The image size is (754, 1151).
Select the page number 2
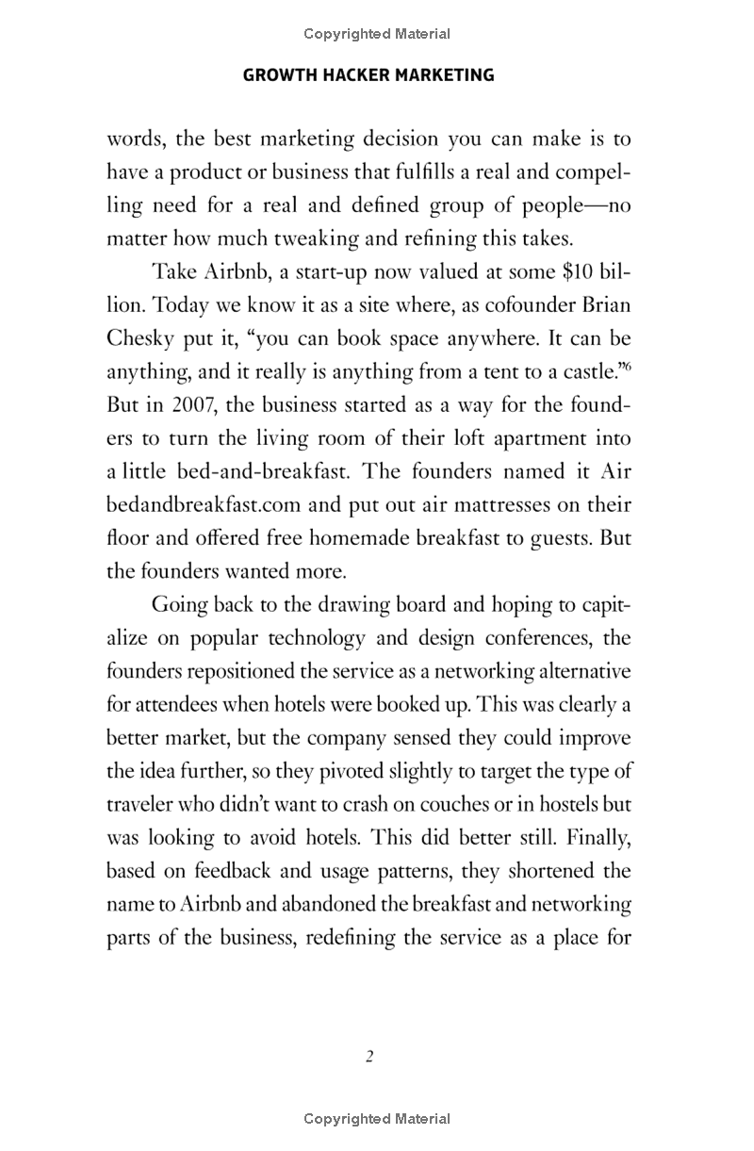(369, 1056)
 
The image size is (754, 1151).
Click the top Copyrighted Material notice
(377, 34)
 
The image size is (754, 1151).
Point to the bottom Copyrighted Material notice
(377, 1119)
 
